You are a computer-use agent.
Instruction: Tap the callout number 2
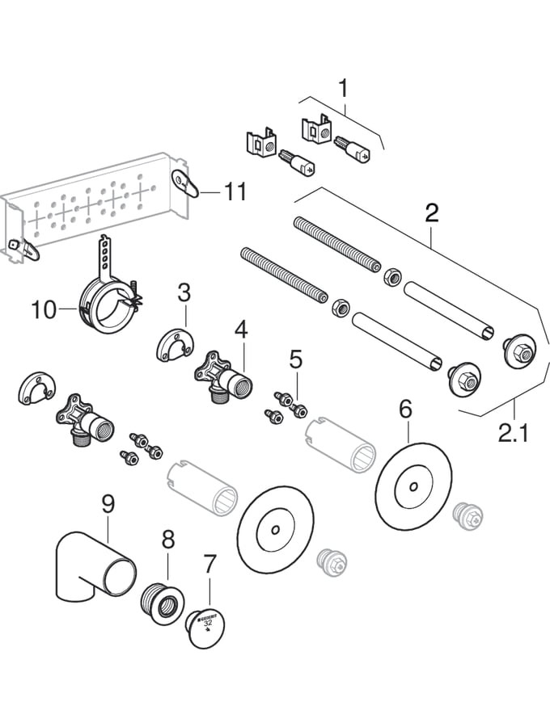click(x=431, y=212)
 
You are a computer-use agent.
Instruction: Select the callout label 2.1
click(x=513, y=434)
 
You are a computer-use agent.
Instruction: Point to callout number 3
click(x=184, y=292)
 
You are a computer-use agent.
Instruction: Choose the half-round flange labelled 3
click(x=171, y=344)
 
